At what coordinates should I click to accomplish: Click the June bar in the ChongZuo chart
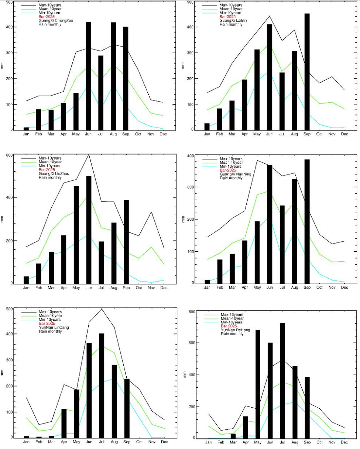point(88,76)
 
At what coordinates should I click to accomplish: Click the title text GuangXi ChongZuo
point(56,21)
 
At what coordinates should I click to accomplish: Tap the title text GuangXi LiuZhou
point(54,174)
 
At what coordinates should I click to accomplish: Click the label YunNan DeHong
point(235,330)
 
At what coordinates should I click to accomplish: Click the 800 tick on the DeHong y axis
point(192,312)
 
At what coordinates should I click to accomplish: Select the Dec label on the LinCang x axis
point(163,442)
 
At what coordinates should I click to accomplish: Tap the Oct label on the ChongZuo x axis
point(138,134)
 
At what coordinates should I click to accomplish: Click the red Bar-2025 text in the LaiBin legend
point(227,17)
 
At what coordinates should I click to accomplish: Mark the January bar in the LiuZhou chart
point(26,280)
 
